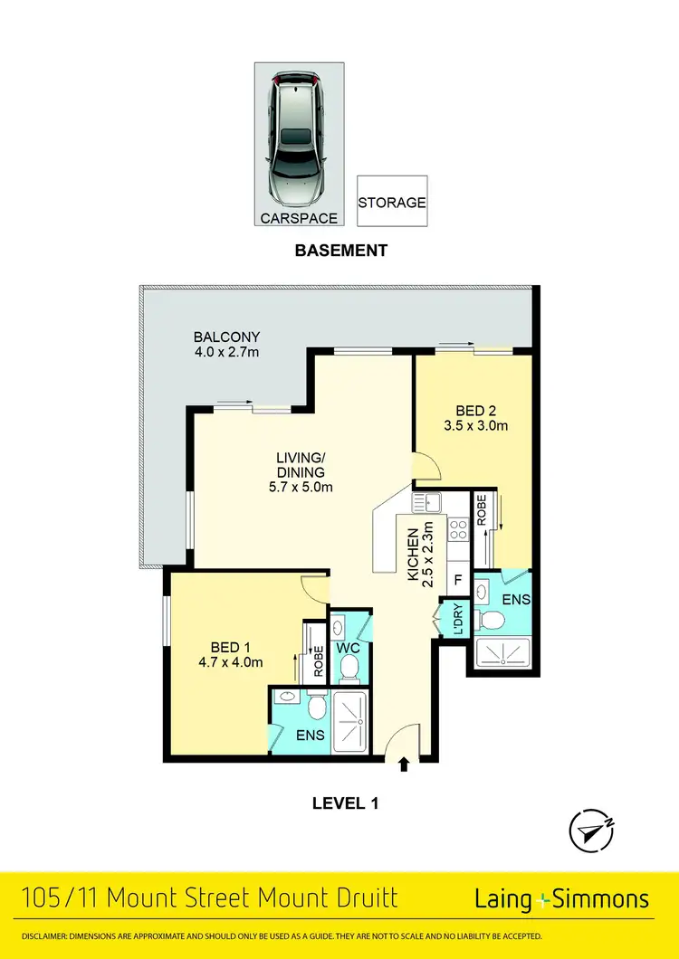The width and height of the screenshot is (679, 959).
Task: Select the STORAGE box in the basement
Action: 391,202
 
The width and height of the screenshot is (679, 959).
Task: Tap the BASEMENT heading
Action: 340,251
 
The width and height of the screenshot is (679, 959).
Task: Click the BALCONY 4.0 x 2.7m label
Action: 220,344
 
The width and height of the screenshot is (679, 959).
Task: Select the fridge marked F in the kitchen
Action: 458,579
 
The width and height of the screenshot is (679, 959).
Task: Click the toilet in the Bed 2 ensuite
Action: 493,620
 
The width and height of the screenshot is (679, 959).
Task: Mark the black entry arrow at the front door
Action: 404,766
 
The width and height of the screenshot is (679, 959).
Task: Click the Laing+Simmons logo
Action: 561,898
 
